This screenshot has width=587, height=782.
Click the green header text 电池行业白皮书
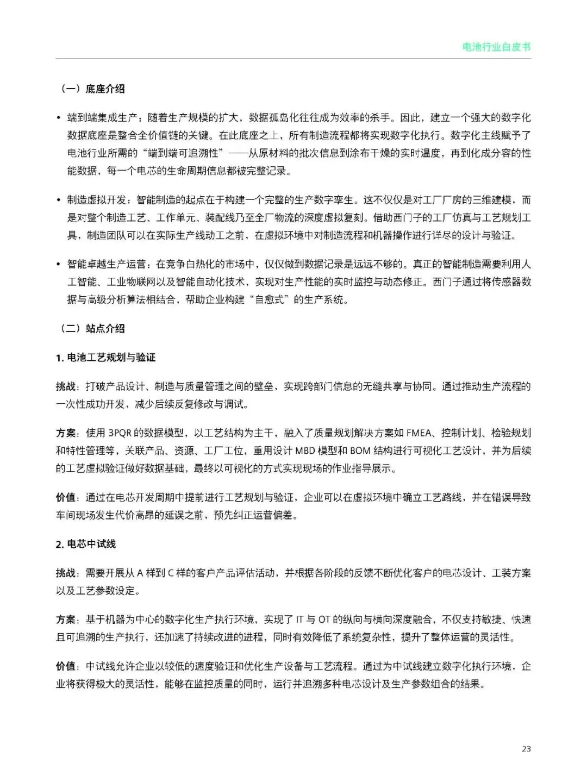tap(496, 47)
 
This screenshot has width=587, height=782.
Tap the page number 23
tap(526, 749)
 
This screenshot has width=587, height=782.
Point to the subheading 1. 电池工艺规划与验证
tap(105, 358)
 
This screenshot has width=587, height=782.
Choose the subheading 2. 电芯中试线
tap(86, 544)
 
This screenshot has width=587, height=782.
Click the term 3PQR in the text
tap(121, 433)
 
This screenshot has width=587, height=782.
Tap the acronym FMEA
tap(419, 433)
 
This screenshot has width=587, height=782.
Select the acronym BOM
tap(359, 451)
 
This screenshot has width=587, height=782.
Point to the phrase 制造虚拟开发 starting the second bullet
tap(96, 200)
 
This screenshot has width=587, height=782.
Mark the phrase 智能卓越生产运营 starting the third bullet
tap(107, 265)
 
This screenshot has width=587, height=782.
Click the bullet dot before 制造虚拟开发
tap(59, 201)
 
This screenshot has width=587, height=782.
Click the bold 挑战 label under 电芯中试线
tap(65, 573)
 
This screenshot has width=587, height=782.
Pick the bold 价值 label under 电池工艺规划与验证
tap(65, 498)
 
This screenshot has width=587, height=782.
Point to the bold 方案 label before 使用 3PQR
tap(65, 433)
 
